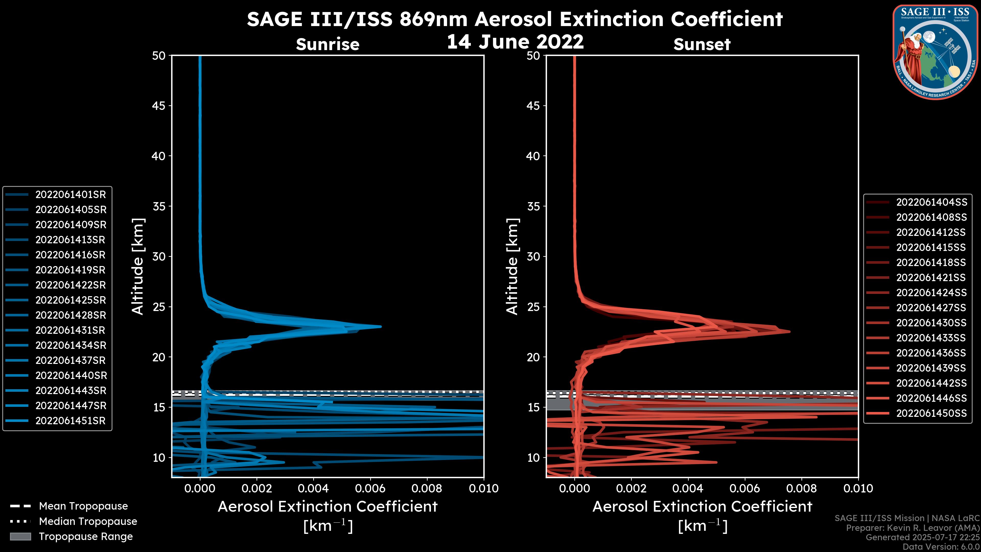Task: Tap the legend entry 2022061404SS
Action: (931, 202)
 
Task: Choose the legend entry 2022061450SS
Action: (931, 413)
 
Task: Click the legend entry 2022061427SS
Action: (931, 308)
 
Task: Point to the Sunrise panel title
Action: (328, 44)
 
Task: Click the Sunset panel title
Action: (702, 44)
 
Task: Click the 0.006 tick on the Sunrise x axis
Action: (370, 488)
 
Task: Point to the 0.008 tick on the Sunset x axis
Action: (802, 488)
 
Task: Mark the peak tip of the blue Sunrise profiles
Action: (380, 327)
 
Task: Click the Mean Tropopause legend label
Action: (83, 506)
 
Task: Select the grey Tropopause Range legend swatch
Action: (20, 537)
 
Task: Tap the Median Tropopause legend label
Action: (88, 522)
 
